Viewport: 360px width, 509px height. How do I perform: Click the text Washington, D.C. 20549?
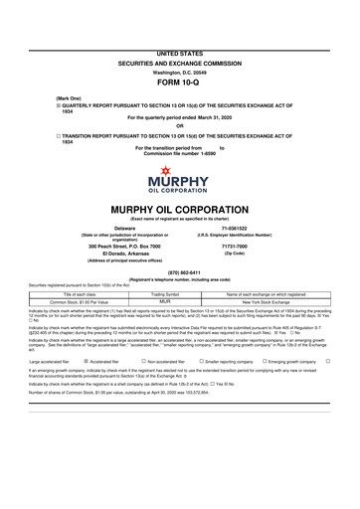click(180, 45)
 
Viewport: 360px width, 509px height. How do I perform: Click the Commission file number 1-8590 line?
click(180, 153)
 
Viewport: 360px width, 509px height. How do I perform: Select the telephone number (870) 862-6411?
click(180, 272)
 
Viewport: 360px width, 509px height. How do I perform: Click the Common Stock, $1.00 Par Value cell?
click(77, 302)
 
